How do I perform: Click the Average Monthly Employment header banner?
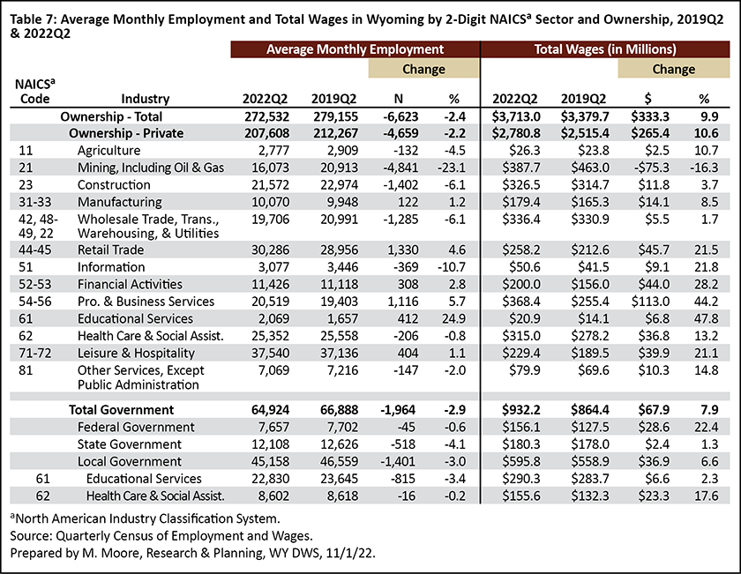click(x=355, y=49)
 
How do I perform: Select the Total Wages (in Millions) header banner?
click(x=605, y=49)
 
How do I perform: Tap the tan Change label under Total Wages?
click(x=673, y=70)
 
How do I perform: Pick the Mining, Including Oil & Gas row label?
click(x=151, y=168)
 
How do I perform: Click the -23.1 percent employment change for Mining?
click(x=452, y=168)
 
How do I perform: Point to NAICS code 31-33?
click(x=35, y=202)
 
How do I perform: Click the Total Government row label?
click(x=122, y=410)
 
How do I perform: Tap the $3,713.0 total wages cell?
click(x=516, y=116)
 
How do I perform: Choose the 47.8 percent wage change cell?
click(x=706, y=319)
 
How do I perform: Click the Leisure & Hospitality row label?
click(x=136, y=354)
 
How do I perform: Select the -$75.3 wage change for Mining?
click(x=652, y=168)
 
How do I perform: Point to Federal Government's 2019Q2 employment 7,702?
click(x=340, y=427)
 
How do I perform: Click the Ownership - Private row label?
click(x=126, y=133)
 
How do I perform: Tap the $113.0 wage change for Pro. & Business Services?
click(x=650, y=302)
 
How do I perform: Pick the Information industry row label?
click(x=111, y=267)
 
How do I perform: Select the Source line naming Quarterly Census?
click(x=161, y=536)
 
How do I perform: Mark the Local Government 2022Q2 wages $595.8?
click(x=521, y=461)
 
